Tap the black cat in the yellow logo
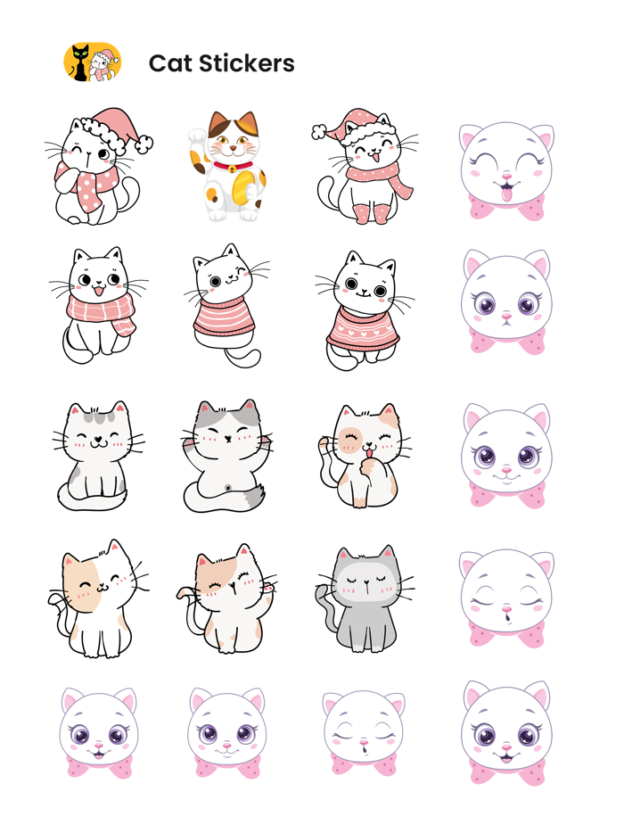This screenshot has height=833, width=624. pos(81,62)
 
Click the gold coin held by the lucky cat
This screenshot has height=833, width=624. pos(242,186)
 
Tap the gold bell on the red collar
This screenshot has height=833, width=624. pos(232,169)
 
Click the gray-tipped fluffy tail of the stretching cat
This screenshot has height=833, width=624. pos(253,494)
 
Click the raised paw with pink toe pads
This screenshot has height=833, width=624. pos(266,586)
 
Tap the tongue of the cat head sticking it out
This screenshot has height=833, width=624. pos(508,194)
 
